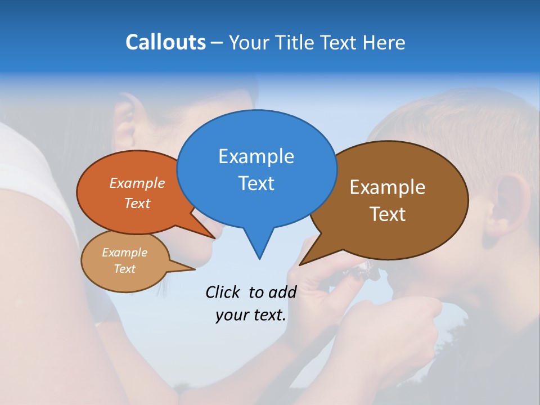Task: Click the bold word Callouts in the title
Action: (165, 42)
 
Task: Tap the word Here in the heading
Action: (385, 42)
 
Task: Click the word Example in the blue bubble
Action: (256, 156)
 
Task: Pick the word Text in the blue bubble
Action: (256, 183)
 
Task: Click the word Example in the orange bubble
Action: (137, 183)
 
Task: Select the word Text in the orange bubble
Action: (137, 203)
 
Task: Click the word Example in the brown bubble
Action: (387, 187)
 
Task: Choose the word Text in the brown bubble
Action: (387, 214)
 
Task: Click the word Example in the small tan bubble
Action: (124, 253)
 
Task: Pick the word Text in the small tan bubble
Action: (124, 269)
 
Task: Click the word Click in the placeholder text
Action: (223, 292)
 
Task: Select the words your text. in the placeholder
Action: (251, 315)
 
